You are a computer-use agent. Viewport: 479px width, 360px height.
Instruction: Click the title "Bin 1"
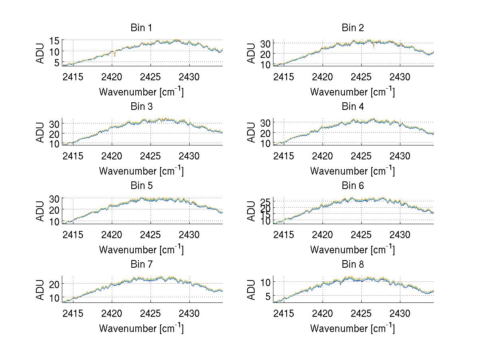pos(141,28)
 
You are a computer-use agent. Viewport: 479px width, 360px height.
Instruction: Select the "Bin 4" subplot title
pos(353,107)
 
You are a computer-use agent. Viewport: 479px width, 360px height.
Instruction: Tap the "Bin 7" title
pos(141,265)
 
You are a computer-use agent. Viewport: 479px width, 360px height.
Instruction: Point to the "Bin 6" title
pos(353,186)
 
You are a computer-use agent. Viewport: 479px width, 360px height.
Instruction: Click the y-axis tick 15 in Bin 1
pos(54,40)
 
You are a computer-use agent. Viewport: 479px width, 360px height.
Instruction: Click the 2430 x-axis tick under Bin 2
pos(400,76)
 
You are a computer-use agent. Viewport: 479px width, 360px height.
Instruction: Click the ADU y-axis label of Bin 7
pos(40,289)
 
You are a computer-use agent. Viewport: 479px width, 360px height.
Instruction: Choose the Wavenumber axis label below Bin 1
pos(141,92)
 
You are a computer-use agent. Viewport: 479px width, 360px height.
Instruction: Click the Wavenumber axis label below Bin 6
pos(352,250)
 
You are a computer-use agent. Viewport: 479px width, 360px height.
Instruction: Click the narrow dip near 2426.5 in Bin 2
pos(374,47)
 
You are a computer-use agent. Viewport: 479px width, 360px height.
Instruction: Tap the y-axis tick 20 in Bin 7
pos(54,284)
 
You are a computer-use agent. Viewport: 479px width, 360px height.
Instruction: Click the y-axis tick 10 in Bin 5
pos(54,221)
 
